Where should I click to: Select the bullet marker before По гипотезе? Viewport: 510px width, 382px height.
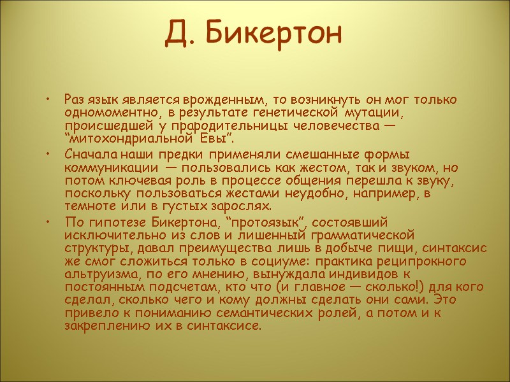[x=47, y=221]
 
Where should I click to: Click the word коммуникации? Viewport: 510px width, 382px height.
[x=107, y=167]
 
